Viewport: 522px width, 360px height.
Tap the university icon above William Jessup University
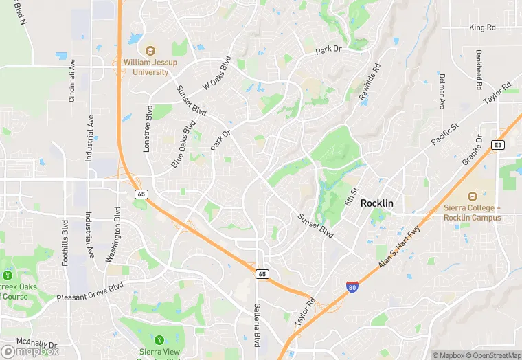(150, 49)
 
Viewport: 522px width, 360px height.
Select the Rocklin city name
(377, 203)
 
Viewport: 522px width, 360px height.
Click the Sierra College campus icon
(471, 197)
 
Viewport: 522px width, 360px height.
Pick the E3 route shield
(498, 145)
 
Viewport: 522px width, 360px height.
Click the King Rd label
(482, 27)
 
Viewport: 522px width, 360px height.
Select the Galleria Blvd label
(258, 324)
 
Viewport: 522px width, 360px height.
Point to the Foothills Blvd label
(65, 243)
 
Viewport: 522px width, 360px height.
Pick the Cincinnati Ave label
(71, 80)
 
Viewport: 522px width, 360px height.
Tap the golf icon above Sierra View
(159, 339)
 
